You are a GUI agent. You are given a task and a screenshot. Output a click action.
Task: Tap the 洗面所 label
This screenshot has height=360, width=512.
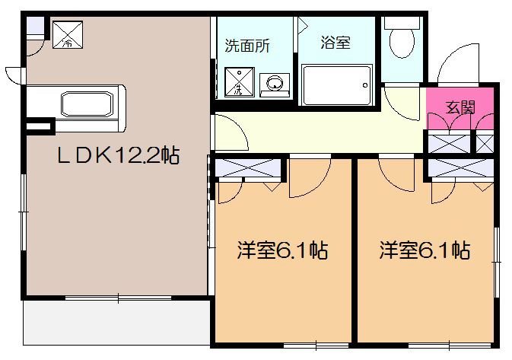246,44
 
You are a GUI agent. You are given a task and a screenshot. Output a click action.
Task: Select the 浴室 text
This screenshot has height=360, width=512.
336,43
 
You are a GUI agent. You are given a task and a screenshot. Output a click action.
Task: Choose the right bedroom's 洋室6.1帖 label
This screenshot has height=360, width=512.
424,250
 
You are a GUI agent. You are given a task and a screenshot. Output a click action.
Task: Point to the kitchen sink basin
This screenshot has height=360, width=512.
85,101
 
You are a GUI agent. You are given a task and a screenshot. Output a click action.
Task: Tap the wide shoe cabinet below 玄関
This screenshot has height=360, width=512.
448,142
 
